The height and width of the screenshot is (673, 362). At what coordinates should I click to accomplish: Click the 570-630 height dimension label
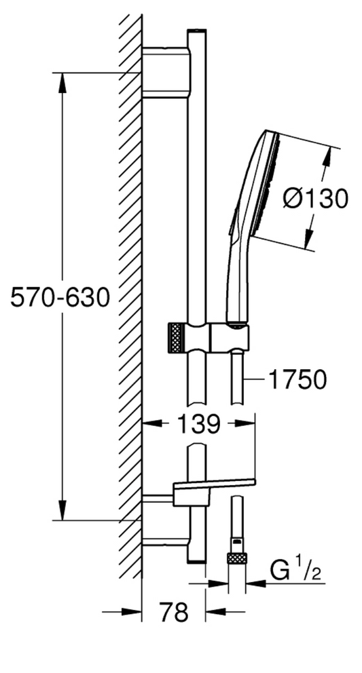tap(60, 297)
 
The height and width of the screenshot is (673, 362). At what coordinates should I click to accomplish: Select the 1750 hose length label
tap(297, 379)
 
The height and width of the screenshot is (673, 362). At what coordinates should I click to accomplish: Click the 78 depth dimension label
tap(174, 612)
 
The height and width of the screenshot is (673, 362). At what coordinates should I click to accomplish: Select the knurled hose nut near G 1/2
tap(237, 558)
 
